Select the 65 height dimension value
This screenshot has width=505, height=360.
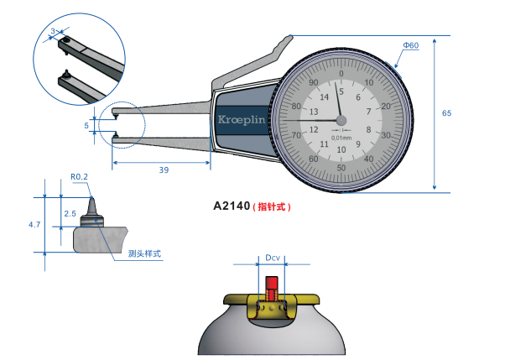click(445, 112)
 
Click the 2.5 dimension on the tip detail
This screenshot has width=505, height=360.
click(70, 213)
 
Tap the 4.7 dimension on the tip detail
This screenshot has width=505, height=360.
click(34, 225)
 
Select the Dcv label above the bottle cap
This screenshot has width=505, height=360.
click(273, 259)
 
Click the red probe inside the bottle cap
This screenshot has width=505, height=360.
click(273, 295)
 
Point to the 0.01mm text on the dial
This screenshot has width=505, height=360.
click(341, 138)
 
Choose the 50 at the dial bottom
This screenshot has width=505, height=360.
click(341, 167)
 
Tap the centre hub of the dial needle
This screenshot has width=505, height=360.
click(341, 120)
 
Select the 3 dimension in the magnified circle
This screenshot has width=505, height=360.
click(54, 31)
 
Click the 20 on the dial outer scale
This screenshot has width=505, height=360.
click(386, 107)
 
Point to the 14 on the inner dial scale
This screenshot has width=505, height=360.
click(324, 97)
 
